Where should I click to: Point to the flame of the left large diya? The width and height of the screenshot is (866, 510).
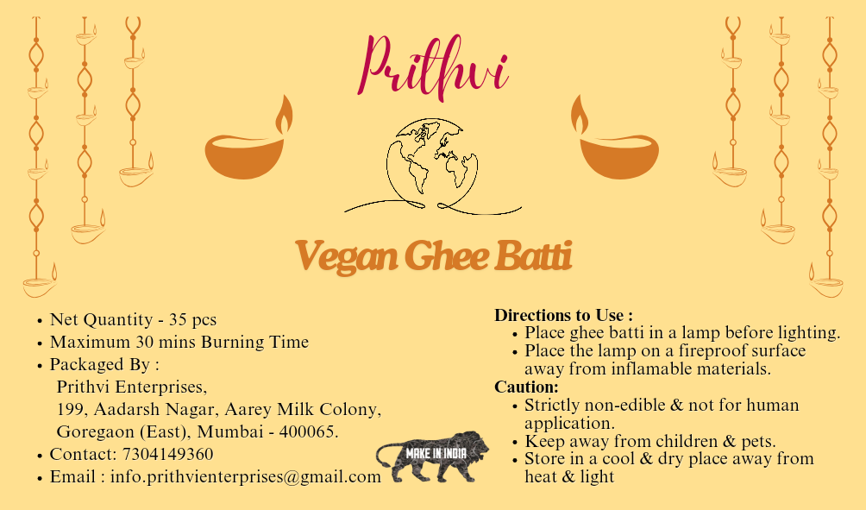click(283, 114)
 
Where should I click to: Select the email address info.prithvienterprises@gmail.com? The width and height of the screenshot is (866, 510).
click(246, 476)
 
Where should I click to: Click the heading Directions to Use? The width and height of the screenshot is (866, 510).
click(563, 315)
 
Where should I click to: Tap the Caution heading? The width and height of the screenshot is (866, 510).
click(526, 387)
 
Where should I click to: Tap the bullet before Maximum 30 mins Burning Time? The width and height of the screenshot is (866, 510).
click(40, 343)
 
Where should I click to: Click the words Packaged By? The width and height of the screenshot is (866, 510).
click(104, 364)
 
